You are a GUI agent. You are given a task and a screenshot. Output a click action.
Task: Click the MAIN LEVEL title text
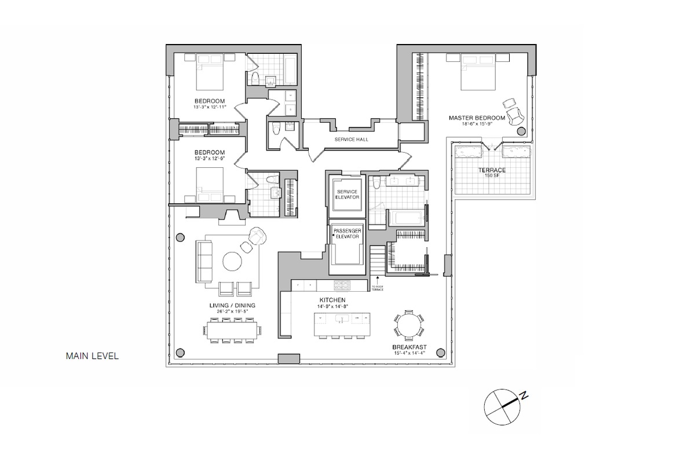(92, 355)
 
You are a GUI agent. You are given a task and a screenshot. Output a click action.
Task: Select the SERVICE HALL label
(352, 139)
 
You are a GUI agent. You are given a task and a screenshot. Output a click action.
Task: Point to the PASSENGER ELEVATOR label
(348, 233)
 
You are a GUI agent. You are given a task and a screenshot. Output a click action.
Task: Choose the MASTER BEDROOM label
(477, 118)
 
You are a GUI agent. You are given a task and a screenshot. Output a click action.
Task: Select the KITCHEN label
(332, 299)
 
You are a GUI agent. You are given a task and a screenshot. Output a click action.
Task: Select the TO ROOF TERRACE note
(378, 288)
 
